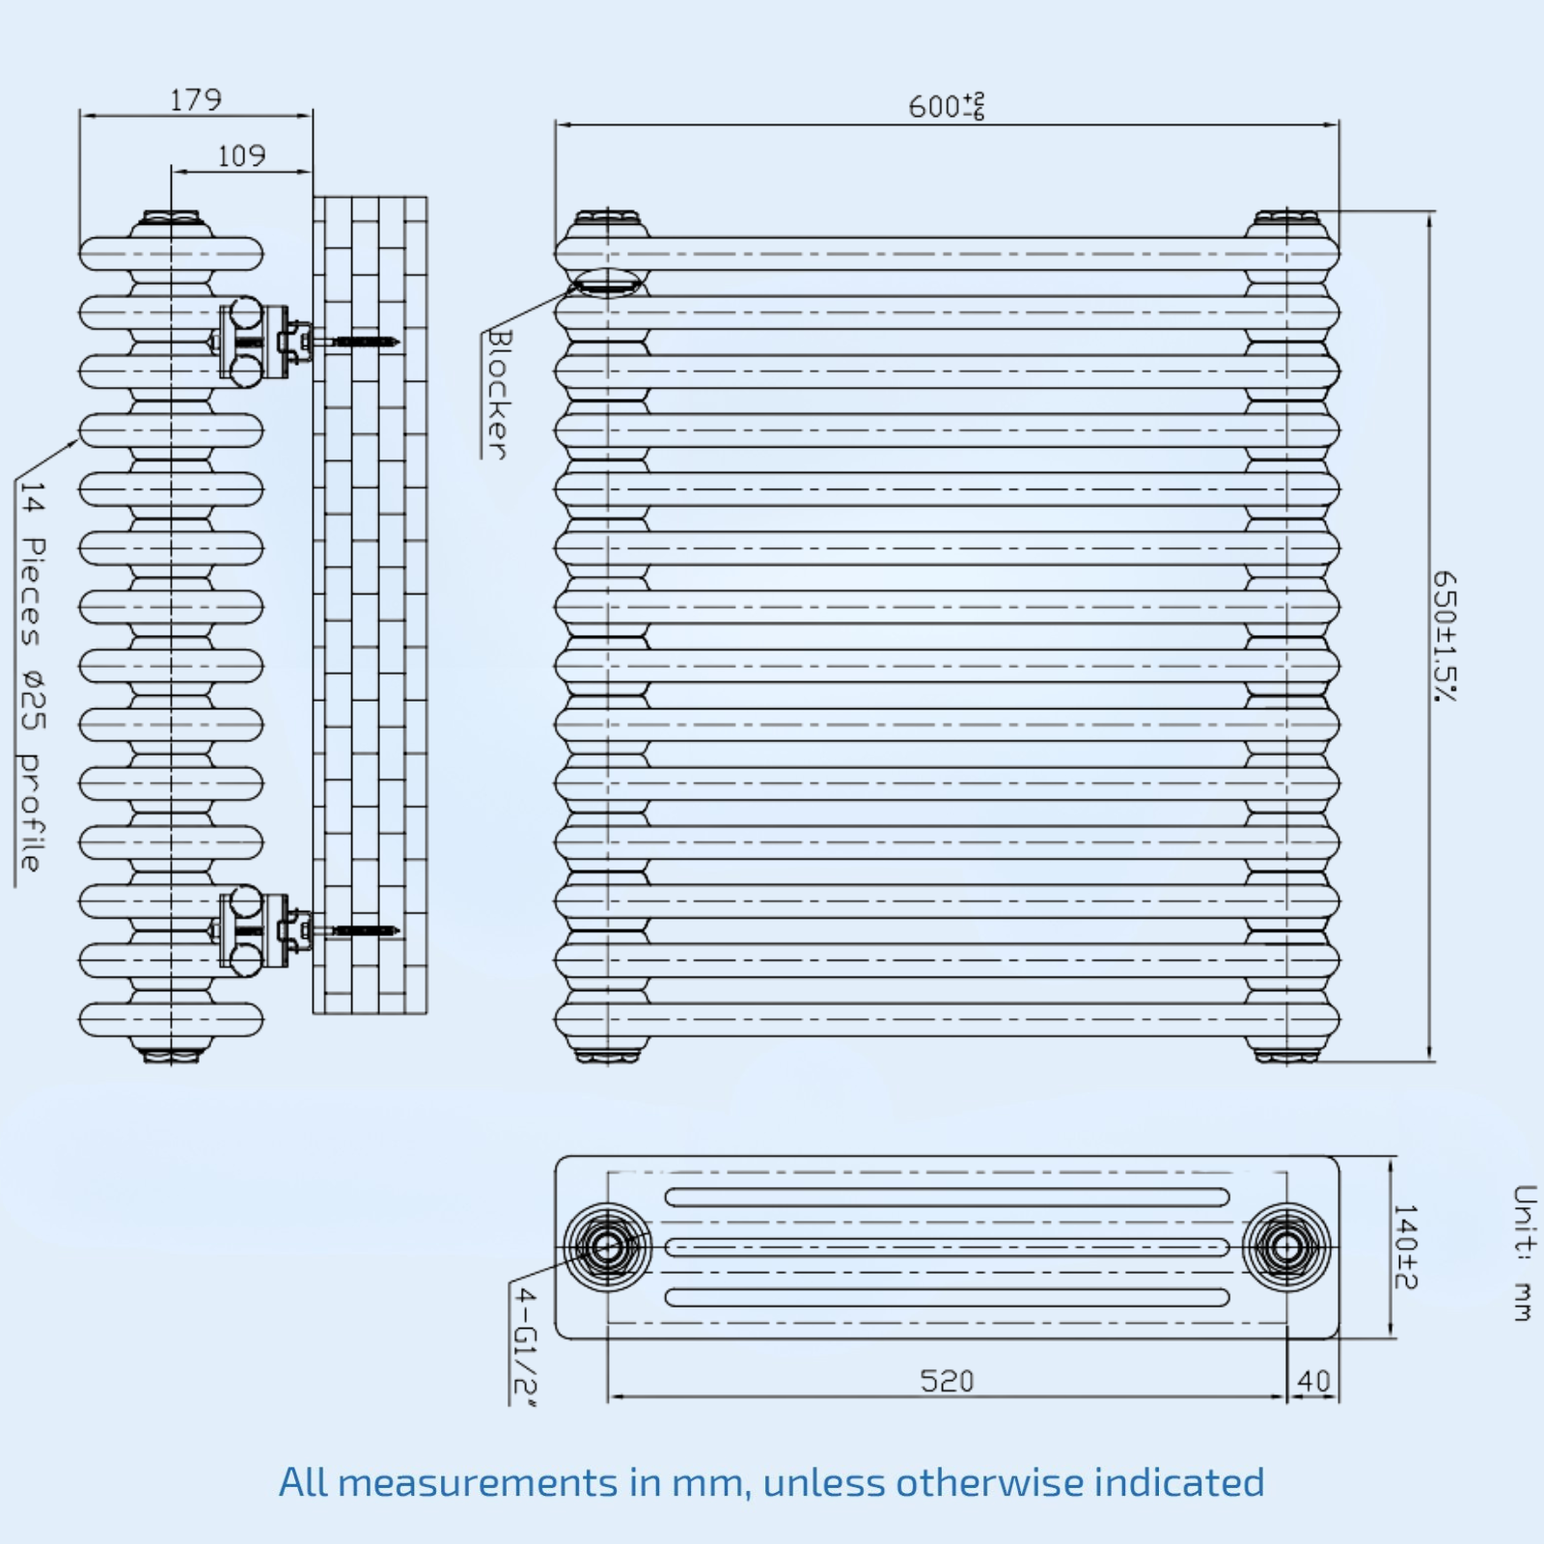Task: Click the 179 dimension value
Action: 196,99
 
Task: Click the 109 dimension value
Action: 241,155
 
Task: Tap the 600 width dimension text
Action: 946,105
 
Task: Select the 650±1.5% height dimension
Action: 1445,636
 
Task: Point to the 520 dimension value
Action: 947,1381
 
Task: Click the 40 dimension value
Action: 1313,1381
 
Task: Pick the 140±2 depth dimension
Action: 1405,1247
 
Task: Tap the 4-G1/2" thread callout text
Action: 525,1345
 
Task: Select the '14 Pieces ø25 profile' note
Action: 32,676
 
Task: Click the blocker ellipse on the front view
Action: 607,283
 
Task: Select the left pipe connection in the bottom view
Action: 607,1247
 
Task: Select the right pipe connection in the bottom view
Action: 1286,1247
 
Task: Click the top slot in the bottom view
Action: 947,1198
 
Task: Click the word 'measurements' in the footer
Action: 478,1482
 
